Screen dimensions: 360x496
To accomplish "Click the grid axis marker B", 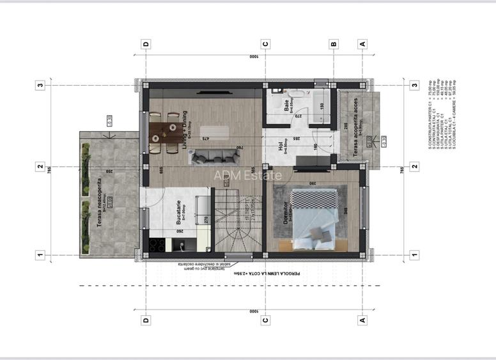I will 333,44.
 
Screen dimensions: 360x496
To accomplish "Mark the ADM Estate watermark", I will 247,175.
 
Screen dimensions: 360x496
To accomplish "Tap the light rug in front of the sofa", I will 214,132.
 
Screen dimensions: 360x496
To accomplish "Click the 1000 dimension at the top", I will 254,57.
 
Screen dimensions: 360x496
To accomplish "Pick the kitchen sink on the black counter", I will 183,245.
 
